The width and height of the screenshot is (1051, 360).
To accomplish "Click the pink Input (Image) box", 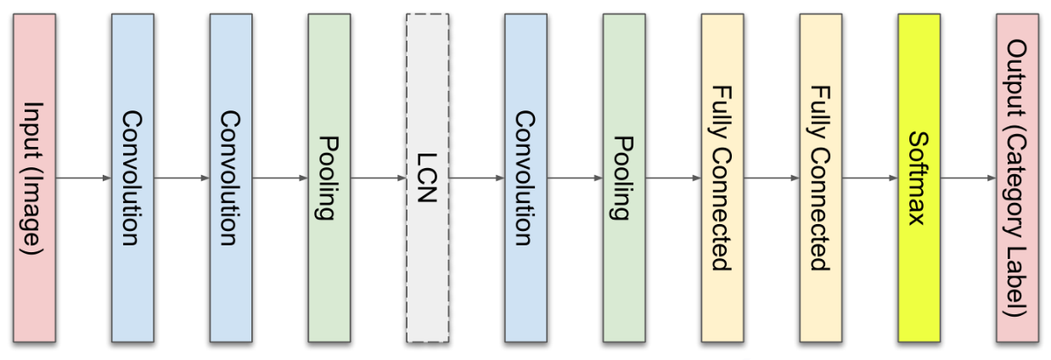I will click(34, 178).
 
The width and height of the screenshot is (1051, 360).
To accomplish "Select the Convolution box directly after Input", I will click(132, 178).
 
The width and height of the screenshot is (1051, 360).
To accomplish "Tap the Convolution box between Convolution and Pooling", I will click(231, 178).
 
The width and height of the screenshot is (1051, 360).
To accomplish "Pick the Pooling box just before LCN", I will click(329, 178).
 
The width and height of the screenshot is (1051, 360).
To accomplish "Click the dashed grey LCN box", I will click(428, 178).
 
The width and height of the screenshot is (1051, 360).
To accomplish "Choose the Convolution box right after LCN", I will click(526, 178).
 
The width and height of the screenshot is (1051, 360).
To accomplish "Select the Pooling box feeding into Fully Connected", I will click(625, 178).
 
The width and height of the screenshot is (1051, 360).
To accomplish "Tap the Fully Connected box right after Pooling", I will click(722, 178).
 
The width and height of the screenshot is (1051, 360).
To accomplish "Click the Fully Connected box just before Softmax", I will click(821, 178).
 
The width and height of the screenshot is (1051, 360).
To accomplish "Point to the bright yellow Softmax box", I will click(919, 178).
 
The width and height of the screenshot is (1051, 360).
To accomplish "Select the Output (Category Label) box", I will click(1018, 178).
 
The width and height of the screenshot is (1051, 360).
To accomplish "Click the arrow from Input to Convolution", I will click(83, 178).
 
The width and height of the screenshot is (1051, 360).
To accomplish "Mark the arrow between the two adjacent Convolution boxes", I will click(182, 178).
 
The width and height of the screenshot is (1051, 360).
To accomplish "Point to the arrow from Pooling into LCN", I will click(379, 178).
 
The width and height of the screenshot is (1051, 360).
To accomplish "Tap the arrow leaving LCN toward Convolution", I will click(477, 178).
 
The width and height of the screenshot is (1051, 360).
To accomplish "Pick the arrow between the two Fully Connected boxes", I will click(772, 178).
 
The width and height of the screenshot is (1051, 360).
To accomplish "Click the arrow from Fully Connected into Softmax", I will click(870, 178).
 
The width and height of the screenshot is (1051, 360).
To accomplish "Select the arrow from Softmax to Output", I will click(969, 178).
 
